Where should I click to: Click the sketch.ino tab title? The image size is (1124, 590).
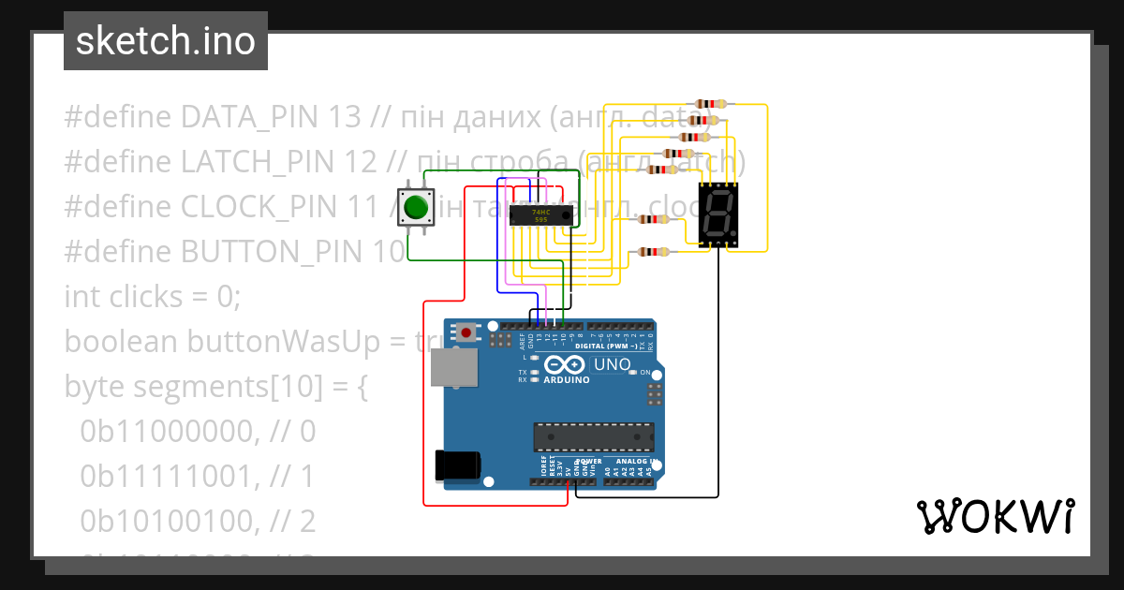165,41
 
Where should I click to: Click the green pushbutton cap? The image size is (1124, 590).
416,207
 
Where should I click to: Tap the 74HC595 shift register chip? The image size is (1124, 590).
540,215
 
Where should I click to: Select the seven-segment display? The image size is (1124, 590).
717,214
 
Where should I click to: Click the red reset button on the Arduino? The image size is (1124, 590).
466,332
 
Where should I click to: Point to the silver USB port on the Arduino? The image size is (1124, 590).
454,367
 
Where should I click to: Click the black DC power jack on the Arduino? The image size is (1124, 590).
458,466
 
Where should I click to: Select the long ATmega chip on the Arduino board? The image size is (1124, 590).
593,437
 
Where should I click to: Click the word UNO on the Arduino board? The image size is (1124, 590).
613,363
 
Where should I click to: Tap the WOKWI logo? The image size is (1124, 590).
995,516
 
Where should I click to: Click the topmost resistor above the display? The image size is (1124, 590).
712,104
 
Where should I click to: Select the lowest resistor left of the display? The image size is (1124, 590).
653,251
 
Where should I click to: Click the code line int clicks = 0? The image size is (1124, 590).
153,297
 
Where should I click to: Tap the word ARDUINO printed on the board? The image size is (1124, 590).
567,380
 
